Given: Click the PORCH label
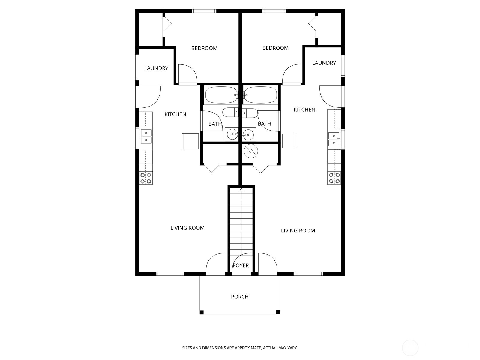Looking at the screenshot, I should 240,297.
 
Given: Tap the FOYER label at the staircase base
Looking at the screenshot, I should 241,265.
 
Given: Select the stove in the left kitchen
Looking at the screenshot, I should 146,178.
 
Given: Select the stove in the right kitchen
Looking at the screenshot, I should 334,178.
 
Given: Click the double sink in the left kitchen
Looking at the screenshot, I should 146,136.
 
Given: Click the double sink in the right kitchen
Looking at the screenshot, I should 334,139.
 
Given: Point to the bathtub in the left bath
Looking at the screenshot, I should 221,95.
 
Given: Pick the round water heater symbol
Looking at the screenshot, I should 250,151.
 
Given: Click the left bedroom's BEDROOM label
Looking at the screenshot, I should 204,48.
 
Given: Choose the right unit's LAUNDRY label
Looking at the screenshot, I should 324,63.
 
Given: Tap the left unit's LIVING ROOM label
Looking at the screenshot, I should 187,228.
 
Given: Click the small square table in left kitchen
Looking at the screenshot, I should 190,141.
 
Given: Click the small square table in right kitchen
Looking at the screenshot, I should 289,141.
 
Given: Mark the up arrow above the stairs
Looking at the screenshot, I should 241,189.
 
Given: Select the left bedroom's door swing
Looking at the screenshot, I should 187,74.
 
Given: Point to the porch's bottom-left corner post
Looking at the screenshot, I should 202,312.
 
